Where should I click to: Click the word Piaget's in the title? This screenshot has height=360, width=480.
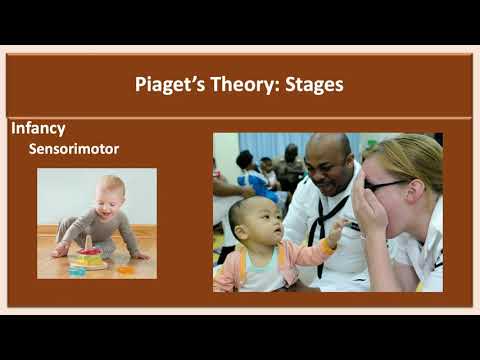tap(170, 85)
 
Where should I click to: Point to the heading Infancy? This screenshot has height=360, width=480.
tap(38, 128)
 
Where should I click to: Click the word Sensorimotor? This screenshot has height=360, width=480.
tap(74, 149)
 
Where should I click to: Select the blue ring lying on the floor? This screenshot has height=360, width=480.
tap(76, 270)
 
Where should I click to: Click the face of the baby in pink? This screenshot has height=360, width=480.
tap(252, 222)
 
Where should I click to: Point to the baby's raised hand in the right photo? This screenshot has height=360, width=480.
tap(335, 233)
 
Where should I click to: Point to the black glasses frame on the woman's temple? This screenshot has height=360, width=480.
tap(395, 185)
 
